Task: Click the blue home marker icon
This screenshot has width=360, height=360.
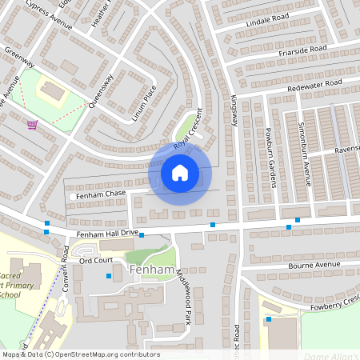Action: click(x=180, y=173)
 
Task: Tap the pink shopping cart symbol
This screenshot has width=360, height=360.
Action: click(x=32, y=124)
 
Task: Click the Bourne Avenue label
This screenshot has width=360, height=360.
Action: click(x=314, y=265)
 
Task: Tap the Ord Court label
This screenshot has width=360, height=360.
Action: click(x=96, y=261)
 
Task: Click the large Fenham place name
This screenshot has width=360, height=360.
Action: click(x=152, y=270)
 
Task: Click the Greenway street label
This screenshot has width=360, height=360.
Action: click(x=18, y=58)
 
